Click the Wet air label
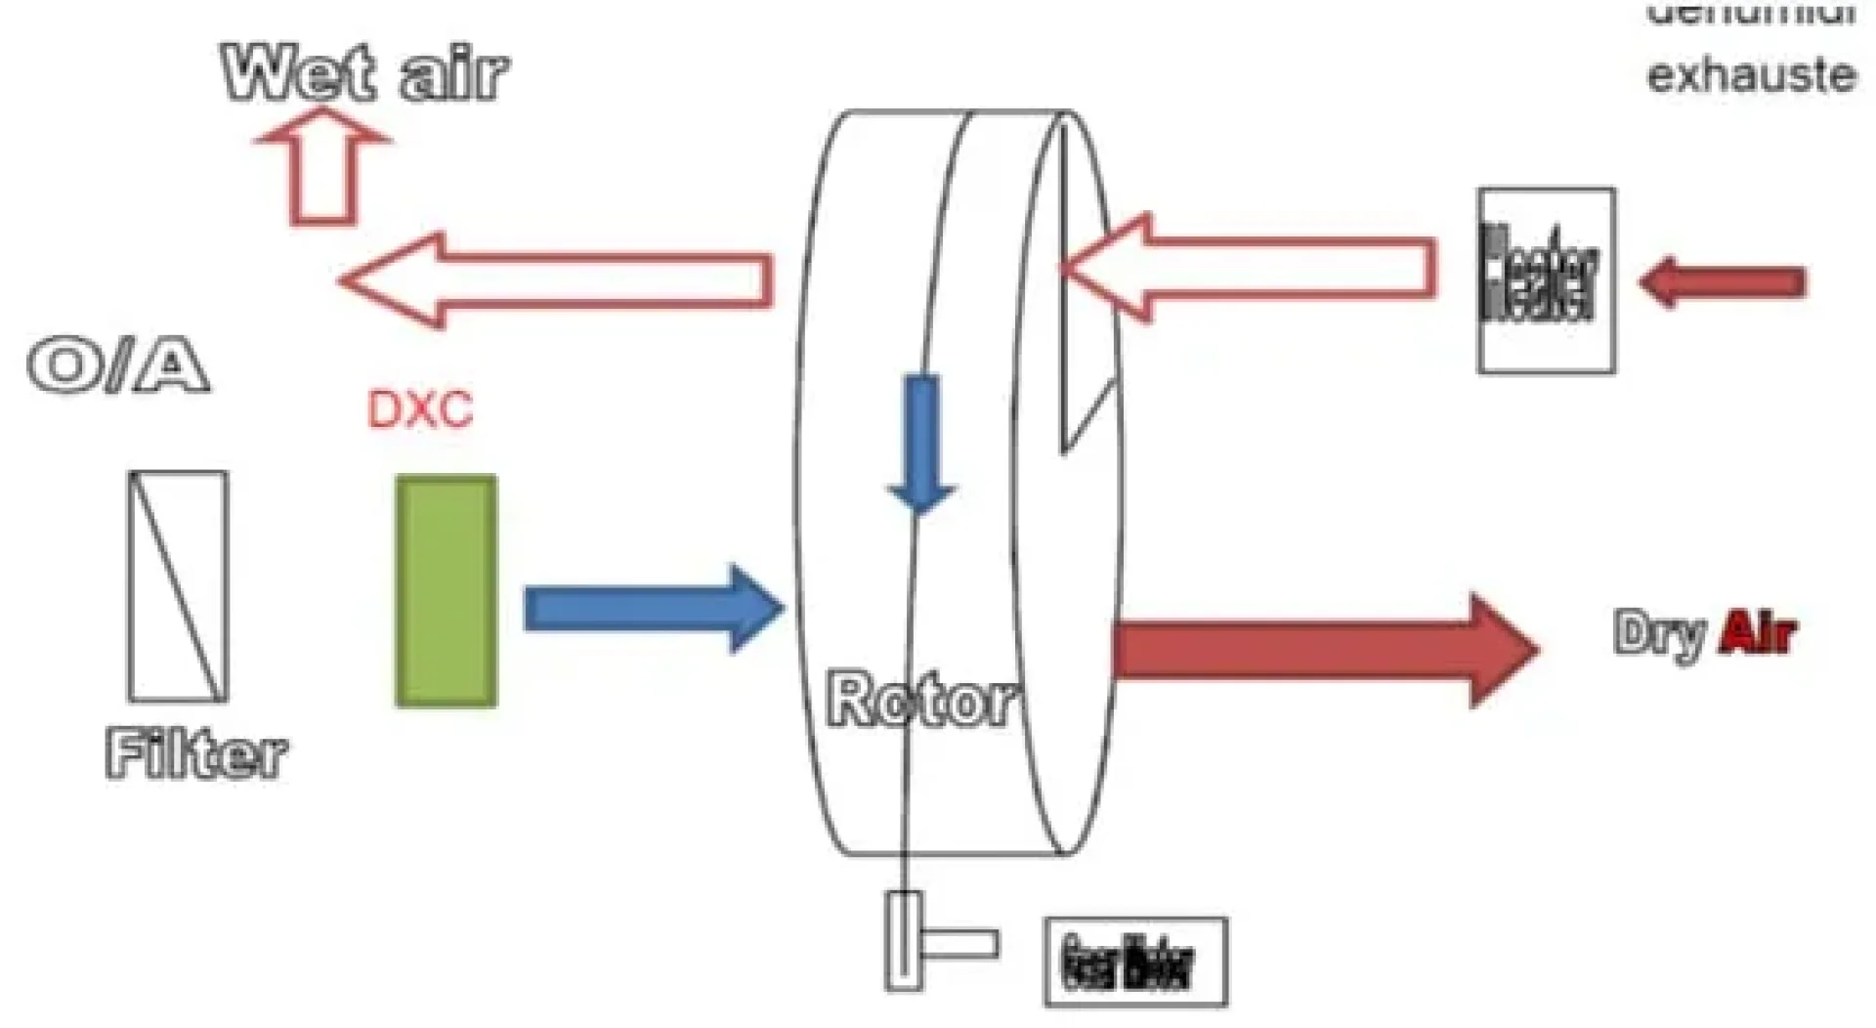tap(364, 73)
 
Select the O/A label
tap(118, 366)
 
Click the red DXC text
tap(420, 409)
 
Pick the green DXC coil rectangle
tap(446, 591)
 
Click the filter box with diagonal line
tap(178, 586)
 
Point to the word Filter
tap(196, 754)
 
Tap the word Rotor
tap(918, 699)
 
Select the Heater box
tap(1546, 280)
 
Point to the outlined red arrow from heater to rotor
tap(1251, 268)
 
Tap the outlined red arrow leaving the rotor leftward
tap(557, 280)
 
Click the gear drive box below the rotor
tap(1135, 963)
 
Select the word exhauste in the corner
tap(1751, 74)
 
